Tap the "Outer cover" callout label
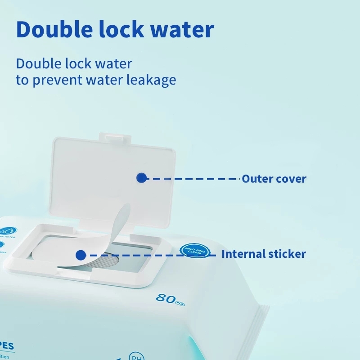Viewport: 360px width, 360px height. [274, 179]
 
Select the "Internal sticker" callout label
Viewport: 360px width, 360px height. [263, 254]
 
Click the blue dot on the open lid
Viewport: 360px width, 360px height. [141, 178]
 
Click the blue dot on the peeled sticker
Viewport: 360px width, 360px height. [81, 255]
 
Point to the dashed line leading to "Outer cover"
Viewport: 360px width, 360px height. [193, 179]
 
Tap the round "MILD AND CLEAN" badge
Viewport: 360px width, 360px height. [195, 250]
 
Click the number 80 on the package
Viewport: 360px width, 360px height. [165, 298]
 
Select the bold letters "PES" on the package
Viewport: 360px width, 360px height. [6, 347]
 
